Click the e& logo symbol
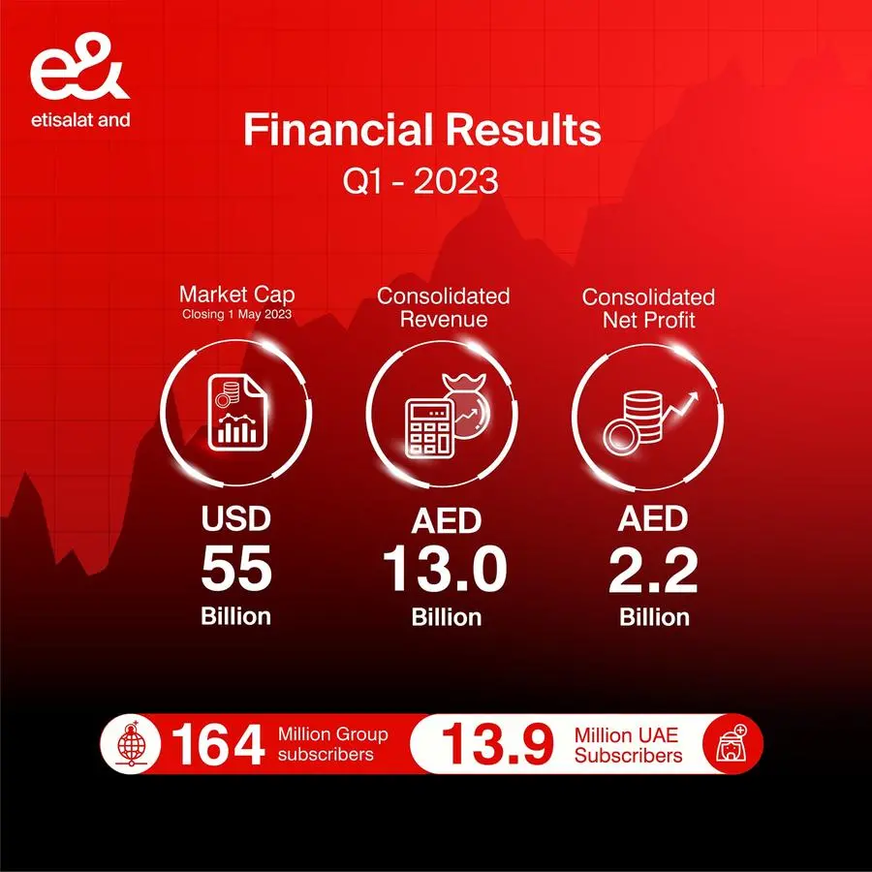[79, 66]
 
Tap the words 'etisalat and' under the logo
[80, 119]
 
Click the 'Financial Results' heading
[422, 130]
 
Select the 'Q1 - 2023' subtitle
[420, 181]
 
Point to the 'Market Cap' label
[237, 295]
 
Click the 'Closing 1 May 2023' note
[237, 314]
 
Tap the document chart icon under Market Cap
[237, 412]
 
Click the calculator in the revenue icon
[428, 427]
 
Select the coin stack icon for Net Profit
[634, 422]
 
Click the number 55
[236, 569]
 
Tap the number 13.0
[445, 570]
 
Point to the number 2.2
[653, 571]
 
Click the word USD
[236, 517]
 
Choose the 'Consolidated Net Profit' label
[648, 309]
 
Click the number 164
[218, 745]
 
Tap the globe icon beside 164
[131, 744]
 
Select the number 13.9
[498, 744]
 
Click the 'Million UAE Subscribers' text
[628, 745]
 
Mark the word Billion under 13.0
[446, 618]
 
